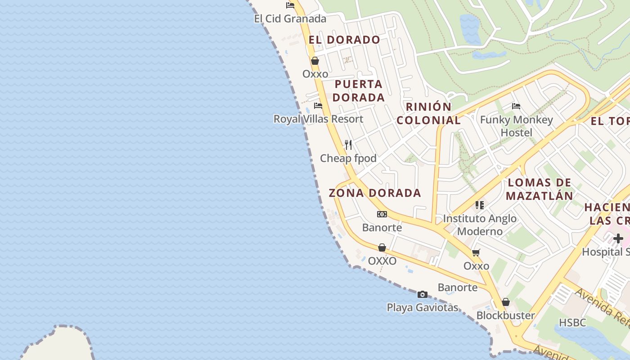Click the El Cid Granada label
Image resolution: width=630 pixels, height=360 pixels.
[290, 19]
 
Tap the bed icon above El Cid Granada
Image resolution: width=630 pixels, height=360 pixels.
[290, 5]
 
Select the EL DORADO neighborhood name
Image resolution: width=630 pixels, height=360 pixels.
[344, 40]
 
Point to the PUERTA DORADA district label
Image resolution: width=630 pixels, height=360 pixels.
[359, 90]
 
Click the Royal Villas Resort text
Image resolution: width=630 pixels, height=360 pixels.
[318, 119]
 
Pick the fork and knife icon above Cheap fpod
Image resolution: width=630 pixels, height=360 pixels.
[348, 144]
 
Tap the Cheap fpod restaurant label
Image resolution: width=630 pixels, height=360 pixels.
[348, 158]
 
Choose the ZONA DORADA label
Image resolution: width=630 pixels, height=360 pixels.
[375, 193]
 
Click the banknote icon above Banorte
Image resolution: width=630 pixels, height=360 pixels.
[382, 214]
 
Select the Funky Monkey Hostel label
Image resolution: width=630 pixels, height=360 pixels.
[517, 126]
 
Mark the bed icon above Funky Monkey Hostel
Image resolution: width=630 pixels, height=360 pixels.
[516, 106]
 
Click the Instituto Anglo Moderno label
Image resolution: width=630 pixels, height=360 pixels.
[480, 225]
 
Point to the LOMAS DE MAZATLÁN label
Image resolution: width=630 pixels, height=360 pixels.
[539, 189]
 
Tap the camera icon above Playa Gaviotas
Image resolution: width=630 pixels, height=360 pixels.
[423, 294]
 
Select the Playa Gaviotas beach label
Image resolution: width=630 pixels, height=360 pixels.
[423, 308]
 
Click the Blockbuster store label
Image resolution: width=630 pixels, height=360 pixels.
[506, 315]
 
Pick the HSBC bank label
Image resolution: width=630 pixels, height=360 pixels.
[572, 323]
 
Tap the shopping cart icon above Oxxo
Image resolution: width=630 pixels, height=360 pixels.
[476, 252]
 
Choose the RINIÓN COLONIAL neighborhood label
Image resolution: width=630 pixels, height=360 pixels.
[428, 113]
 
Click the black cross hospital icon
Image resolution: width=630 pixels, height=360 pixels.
[618, 238]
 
